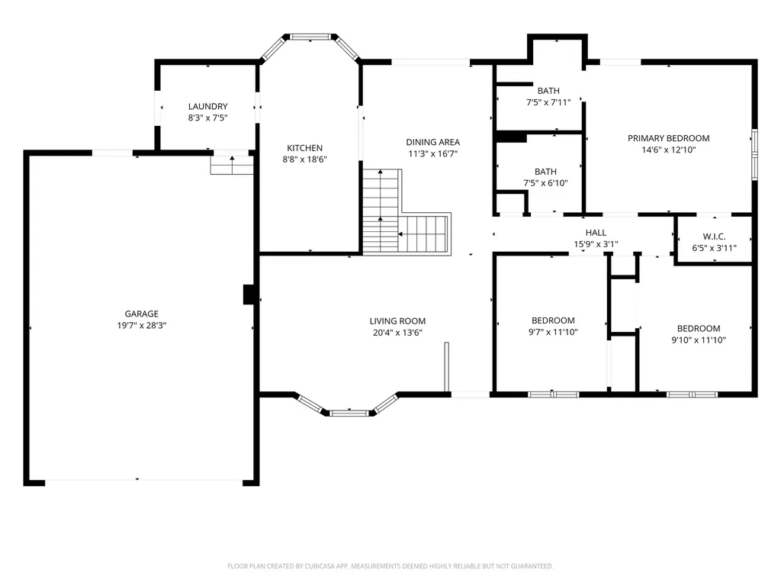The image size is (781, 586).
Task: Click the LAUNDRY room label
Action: click(x=207, y=106)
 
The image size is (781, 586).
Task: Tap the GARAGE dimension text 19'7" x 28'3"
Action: click(x=141, y=325)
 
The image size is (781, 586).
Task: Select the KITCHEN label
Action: click(x=304, y=148)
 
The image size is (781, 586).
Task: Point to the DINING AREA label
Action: click(x=433, y=142)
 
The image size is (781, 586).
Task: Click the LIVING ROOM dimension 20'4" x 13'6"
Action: click(x=397, y=333)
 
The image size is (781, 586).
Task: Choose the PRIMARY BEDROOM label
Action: click(x=668, y=138)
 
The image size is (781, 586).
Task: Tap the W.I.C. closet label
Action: click(x=714, y=237)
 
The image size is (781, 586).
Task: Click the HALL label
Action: click(x=596, y=233)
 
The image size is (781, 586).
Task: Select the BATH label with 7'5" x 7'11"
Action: click(x=548, y=91)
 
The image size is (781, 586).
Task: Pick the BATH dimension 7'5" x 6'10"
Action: click(x=545, y=183)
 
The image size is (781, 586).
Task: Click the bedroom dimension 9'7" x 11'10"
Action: click(x=553, y=332)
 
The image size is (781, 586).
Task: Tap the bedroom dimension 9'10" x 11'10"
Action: click(x=699, y=340)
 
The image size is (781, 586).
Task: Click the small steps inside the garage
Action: click(x=232, y=165)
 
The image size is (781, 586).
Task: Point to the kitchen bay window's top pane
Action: click(x=310, y=37)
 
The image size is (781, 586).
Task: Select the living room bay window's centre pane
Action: click(x=349, y=413)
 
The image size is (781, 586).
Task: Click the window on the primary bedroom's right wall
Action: click(x=754, y=154)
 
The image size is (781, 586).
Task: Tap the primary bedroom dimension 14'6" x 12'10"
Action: click(x=668, y=150)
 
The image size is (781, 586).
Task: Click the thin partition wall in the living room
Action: click(x=447, y=367)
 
